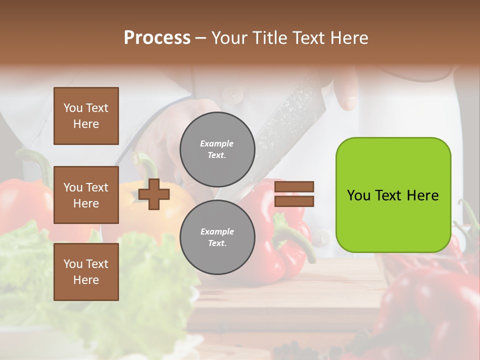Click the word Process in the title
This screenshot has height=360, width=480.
(x=157, y=38)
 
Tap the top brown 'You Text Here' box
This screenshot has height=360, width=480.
(x=86, y=116)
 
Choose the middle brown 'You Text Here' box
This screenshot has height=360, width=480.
(x=86, y=195)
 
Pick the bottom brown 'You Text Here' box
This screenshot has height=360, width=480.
(x=86, y=272)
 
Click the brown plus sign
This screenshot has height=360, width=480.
(x=154, y=194)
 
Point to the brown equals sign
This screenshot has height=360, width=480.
(x=294, y=194)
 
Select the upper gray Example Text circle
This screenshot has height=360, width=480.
(x=217, y=149)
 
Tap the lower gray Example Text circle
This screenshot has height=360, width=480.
(x=217, y=237)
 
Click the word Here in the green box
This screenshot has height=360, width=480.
(x=422, y=195)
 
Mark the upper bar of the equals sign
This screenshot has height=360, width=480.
(x=294, y=186)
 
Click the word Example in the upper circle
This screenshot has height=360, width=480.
(x=217, y=144)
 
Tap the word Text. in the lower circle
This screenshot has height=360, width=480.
(x=217, y=243)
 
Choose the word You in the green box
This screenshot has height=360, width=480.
(x=358, y=195)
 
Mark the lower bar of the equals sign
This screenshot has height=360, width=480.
(x=294, y=201)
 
